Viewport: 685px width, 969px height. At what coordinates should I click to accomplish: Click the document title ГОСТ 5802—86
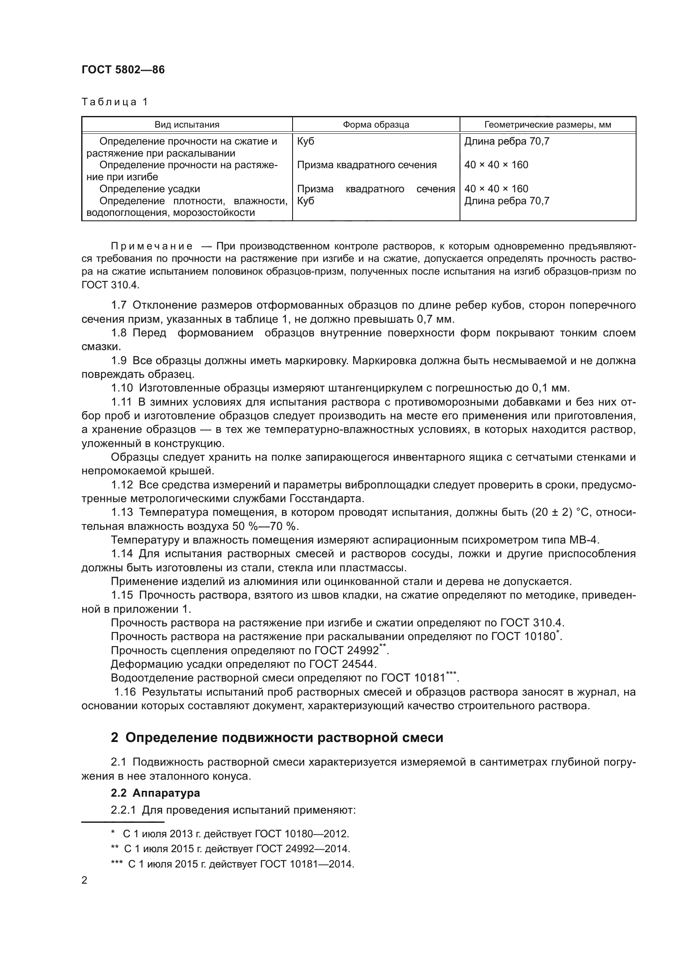pos(123,70)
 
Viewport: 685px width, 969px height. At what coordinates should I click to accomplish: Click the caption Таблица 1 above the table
pos(114,102)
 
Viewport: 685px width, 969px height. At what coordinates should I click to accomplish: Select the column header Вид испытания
pos(187,125)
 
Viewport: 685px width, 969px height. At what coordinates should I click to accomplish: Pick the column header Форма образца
pos(375,125)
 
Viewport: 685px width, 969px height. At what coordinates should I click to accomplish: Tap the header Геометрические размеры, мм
pos(547,125)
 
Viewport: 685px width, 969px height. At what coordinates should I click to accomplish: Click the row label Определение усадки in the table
pos(150,188)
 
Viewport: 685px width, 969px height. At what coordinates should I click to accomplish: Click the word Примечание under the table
pos(152,246)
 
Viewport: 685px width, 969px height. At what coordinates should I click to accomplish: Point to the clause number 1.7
pos(119,305)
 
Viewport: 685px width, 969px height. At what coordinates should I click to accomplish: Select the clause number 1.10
pos(121,387)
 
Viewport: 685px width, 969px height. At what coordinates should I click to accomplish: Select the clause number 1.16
pos(125,692)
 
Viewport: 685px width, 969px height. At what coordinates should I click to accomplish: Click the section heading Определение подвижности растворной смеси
pos(284,737)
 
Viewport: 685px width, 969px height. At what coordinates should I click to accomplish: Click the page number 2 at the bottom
pos(85,880)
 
